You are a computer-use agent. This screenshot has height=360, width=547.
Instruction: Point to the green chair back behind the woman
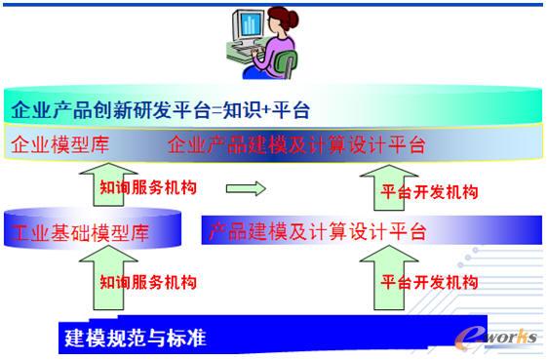point(290,63)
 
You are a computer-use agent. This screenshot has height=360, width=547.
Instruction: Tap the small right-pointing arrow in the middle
point(245,188)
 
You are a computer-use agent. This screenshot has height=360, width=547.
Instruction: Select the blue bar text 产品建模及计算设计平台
point(318,232)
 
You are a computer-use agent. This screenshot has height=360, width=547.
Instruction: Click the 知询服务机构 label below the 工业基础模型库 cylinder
point(147,282)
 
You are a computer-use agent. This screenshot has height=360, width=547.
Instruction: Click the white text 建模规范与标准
point(136,339)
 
